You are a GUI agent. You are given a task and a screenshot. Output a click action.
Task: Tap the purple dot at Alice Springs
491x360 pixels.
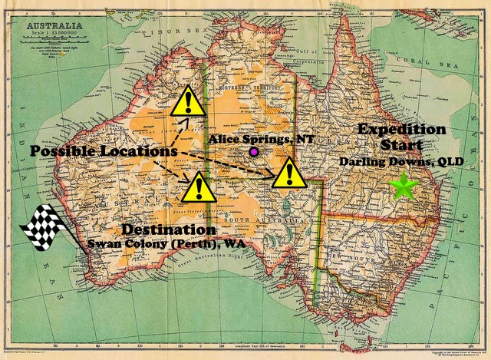(x=254, y=153)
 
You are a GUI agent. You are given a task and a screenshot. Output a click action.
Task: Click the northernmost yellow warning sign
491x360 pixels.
(x=187, y=103)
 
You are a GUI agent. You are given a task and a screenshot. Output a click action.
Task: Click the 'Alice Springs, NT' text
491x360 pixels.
(x=252, y=139)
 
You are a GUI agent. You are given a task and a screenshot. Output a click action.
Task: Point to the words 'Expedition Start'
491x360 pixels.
(x=400, y=137)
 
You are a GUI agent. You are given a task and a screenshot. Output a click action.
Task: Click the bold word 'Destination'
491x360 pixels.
(x=168, y=230)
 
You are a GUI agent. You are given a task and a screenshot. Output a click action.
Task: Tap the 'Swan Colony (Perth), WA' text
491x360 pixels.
(x=170, y=243)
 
